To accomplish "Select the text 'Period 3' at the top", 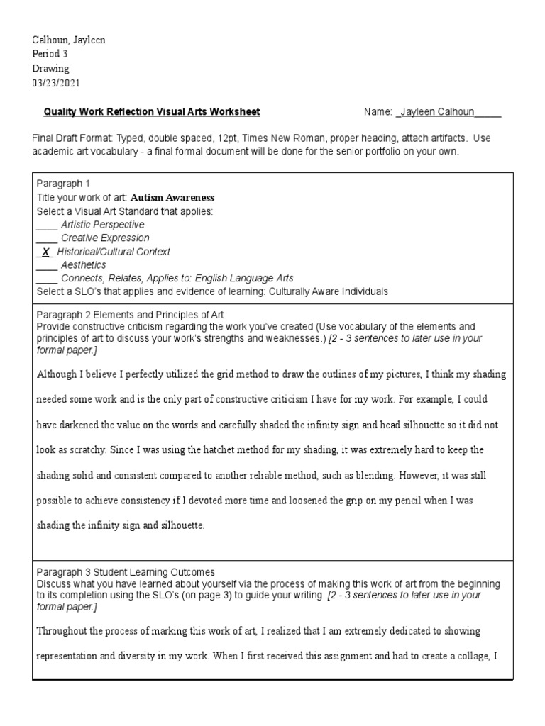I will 51,55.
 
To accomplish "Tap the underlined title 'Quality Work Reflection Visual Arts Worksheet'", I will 152,112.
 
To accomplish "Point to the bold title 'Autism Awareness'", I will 172,198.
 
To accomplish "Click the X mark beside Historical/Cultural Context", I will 45,252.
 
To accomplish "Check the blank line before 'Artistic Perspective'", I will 47,225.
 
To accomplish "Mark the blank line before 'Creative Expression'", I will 47,238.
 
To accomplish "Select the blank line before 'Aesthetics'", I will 47,265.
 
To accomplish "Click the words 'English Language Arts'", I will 243,279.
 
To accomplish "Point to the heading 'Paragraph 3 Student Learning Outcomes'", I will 126,571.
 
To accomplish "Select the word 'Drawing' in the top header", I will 51,69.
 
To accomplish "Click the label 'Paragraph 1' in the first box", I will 63,184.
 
